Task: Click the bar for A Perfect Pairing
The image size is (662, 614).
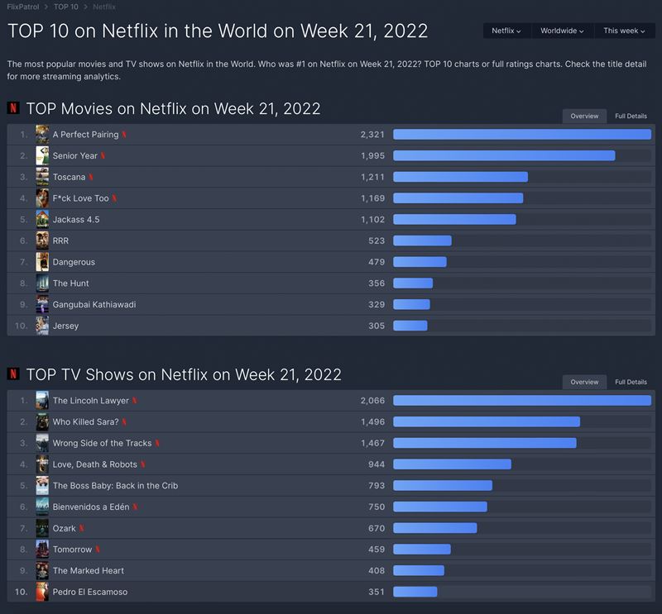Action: [521, 134]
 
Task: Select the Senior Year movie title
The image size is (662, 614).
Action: [75, 155]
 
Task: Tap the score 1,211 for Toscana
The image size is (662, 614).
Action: [372, 177]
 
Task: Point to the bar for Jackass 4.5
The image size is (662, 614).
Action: [454, 220]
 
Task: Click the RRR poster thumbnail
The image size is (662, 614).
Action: [42, 240]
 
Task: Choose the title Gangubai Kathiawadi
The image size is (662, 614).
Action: [94, 305]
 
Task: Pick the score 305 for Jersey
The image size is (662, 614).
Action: [377, 326]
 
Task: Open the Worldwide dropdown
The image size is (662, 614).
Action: [562, 31]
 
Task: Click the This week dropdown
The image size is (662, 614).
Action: [623, 31]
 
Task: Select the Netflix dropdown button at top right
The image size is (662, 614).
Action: [506, 31]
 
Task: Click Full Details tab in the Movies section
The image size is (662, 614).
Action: [631, 117]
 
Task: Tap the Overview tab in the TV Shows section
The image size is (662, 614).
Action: [584, 382]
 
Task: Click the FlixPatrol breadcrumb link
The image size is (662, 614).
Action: [22, 7]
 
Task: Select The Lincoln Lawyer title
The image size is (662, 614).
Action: [91, 401]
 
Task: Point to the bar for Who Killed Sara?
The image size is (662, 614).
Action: [486, 422]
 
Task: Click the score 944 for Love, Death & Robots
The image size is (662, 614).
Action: [377, 464]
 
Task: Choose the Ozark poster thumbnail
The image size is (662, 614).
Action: [42, 528]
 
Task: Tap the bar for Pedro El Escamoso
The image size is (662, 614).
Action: [415, 592]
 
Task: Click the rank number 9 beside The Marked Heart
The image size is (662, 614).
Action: [24, 570]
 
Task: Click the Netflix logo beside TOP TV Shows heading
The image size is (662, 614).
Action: [13, 374]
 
